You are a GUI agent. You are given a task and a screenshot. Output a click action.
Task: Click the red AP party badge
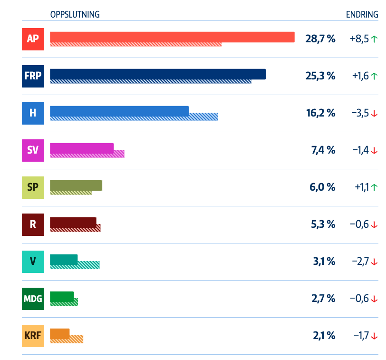(33, 39)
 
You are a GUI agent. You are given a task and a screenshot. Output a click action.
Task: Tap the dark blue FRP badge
(33, 76)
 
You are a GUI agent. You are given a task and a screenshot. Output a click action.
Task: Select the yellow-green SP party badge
(33, 187)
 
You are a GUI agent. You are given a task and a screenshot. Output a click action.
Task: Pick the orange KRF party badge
(33, 336)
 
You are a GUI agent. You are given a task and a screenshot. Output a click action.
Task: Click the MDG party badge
(33, 299)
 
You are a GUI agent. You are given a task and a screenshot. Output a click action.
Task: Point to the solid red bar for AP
(172, 37)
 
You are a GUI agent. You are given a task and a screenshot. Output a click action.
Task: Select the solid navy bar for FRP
(158, 74)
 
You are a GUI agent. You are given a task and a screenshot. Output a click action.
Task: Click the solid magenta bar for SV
(82, 148)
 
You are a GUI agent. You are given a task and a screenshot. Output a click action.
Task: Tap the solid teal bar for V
(64, 259)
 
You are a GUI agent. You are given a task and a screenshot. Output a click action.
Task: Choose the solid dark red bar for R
(73, 222)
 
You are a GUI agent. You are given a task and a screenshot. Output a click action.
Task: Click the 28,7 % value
(320, 39)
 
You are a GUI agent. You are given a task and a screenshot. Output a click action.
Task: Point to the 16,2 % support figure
(320, 113)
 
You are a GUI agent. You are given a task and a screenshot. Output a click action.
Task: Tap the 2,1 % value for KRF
(324, 336)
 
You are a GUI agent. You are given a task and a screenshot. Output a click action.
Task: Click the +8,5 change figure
(359, 39)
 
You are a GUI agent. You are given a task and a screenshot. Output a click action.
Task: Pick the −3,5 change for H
(360, 113)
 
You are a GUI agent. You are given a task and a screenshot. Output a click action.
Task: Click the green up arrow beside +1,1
(374, 187)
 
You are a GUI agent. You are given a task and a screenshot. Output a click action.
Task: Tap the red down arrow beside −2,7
(374, 262)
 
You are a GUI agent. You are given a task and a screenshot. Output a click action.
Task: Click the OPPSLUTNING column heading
(75, 14)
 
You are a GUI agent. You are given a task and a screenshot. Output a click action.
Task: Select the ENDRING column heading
(362, 14)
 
